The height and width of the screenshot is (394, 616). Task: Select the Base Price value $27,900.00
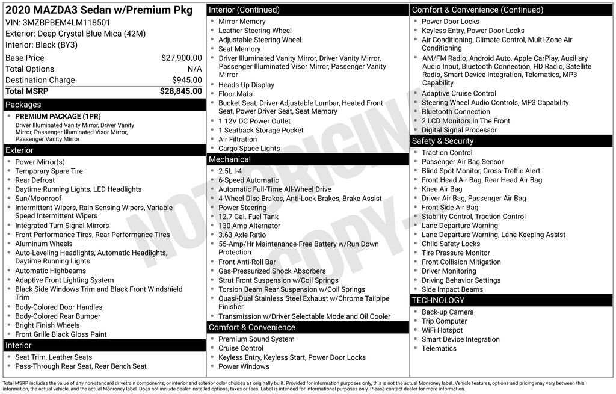tap(181, 58)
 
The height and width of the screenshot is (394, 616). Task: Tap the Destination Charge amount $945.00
tap(186, 80)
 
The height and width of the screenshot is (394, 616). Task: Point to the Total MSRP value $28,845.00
tap(180, 91)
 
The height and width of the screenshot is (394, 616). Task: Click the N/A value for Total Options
tap(194, 69)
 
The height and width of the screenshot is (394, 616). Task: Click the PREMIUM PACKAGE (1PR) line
tap(58, 116)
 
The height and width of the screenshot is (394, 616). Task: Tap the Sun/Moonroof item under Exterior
tap(38, 199)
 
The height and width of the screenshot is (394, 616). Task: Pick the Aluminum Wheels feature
tap(44, 244)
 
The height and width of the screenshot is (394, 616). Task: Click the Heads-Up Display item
tap(246, 85)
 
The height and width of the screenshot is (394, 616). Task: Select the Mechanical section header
tap(229, 159)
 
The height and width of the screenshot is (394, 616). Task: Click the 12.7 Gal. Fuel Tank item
tap(248, 217)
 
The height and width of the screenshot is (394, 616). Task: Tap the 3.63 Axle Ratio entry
tap(242, 235)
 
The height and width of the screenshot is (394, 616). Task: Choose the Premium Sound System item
tap(256, 339)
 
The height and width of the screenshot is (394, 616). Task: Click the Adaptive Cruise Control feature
tap(459, 93)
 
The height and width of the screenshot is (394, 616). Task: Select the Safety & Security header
tap(442, 141)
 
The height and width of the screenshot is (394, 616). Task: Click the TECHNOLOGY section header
tap(438, 300)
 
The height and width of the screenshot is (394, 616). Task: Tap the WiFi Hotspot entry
tap(442, 330)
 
